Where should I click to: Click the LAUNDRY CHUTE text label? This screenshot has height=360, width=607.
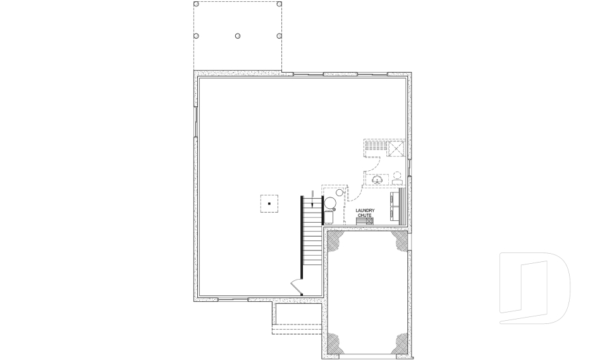[365, 213]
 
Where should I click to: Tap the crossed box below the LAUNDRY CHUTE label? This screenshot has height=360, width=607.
[369, 221]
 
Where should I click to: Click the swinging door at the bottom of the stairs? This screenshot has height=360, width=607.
[296, 287]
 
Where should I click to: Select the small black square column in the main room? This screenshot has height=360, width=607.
[269, 204]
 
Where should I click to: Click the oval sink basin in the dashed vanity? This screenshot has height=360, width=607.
[378, 180]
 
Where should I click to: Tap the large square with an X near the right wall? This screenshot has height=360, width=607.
[396, 148]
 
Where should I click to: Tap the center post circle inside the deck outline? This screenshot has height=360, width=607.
[237, 36]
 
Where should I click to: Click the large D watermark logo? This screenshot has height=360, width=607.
[535, 289]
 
